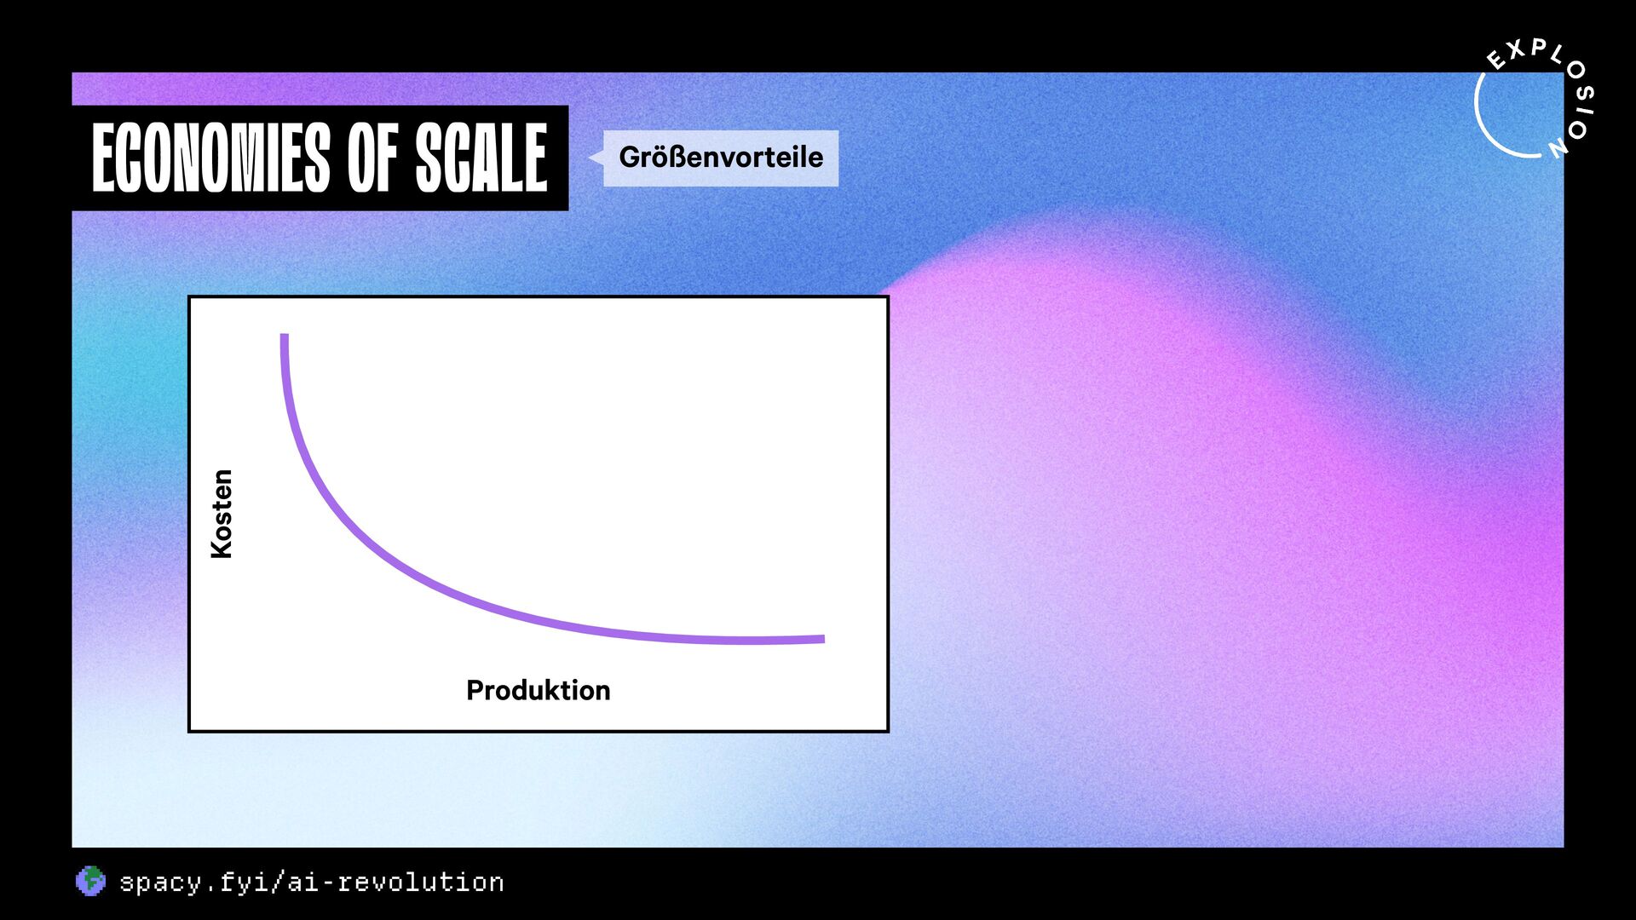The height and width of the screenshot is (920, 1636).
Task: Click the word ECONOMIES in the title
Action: [x=210, y=158]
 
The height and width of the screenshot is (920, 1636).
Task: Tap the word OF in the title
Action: [x=372, y=158]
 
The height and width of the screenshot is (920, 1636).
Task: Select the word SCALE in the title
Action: [x=481, y=158]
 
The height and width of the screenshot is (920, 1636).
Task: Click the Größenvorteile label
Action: [x=721, y=158]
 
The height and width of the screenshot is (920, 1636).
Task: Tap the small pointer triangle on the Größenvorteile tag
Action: [x=596, y=157]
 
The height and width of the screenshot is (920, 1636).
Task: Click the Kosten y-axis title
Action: [x=222, y=514]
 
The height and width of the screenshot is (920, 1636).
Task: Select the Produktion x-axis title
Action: [x=539, y=690]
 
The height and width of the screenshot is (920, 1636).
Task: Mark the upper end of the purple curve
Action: [x=285, y=335]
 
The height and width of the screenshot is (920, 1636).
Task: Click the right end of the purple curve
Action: [x=823, y=639]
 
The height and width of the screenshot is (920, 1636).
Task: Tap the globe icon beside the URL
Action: [x=90, y=882]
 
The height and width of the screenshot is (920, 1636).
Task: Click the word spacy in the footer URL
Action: [x=161, y=883]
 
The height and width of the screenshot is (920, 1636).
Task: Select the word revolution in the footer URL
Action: [x=421, y=882]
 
